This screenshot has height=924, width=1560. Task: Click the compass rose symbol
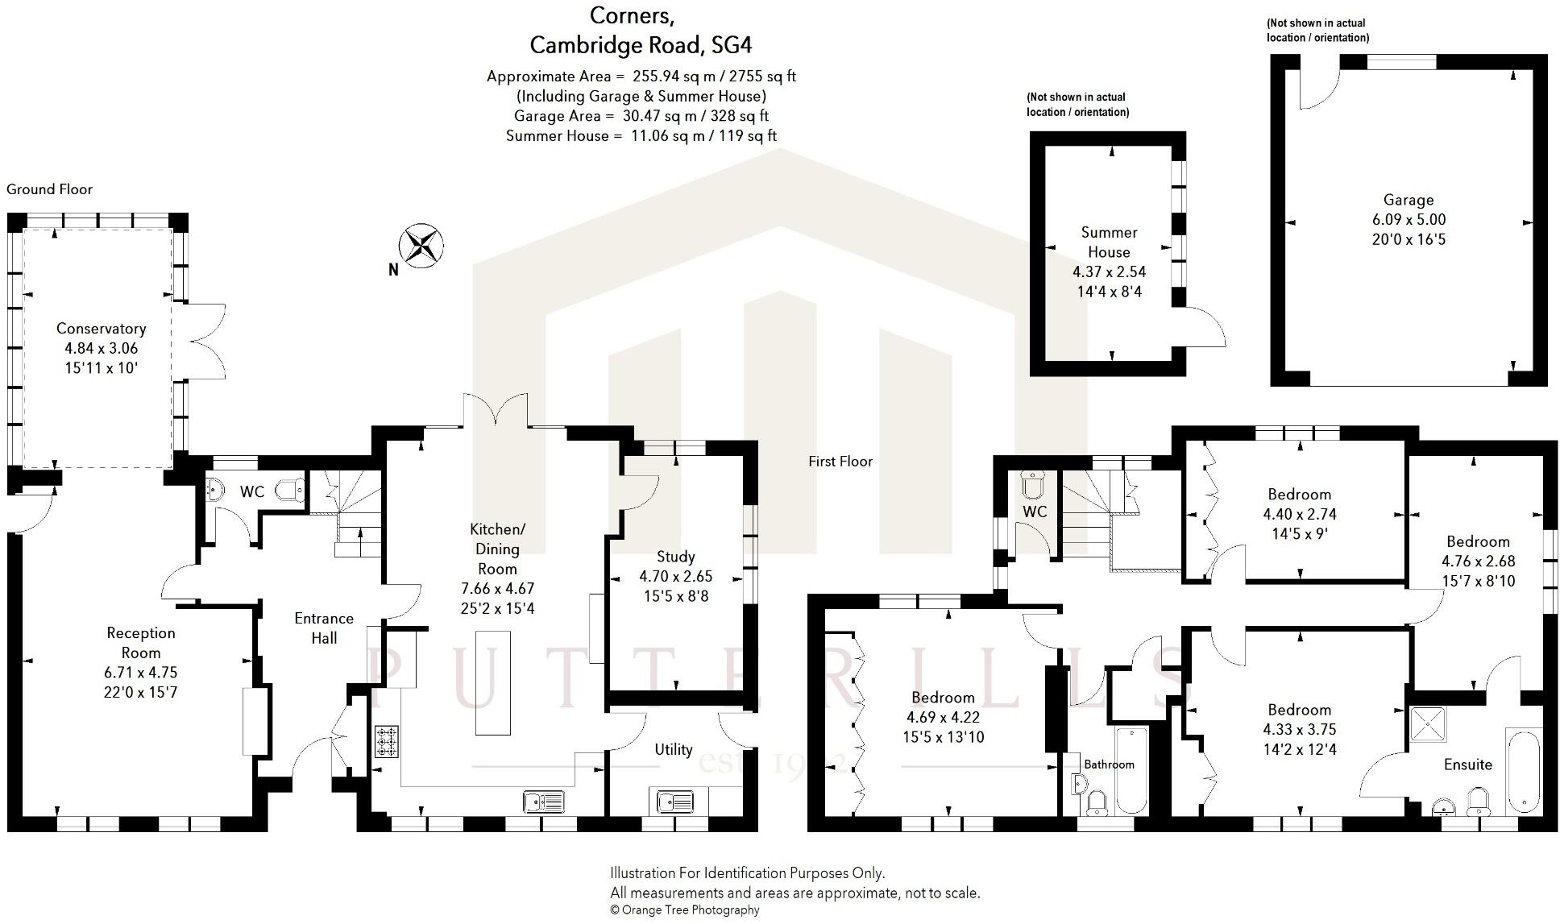pyautogui.click(x=421, y=246)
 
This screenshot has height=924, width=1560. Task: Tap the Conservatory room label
pyautogui.click(x=101, y=329)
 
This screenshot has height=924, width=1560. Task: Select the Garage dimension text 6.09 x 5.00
pyautogui.click(x=1408, y=220)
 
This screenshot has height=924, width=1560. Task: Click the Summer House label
pyautogui.click(x=1109, y=242)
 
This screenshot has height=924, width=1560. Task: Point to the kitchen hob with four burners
pyautogui.click(x=386, y=742)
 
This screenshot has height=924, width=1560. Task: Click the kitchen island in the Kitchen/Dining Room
pyautogui.click(x=493, y=682)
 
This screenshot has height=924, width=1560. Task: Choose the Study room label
pyautogui.click(x=675, y=557)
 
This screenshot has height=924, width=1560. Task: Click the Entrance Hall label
pyautogui.click(x=324, y=628)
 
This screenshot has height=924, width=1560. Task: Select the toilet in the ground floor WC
pyautogui.click(x=290, y=488)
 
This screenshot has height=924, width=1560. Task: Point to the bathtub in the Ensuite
pyautogui.click(x=1523, y=771)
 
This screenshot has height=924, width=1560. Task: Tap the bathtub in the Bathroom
pyautogui.click(x=1131, y=769)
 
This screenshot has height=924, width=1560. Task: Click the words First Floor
pyautogui.click(x=840, y=462)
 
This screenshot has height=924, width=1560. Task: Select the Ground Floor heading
pyautogui.click(x=49, y=189)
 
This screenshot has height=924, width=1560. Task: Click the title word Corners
pyautogui.click(x=632, y=15)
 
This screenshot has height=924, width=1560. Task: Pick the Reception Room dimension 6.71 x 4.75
pyautogui.click(x=141, y=673)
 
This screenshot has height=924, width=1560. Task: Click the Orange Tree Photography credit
pyautogui.click(x=684, y=910)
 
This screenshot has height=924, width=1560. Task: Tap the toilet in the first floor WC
pyautogui.click(x=1032, y=484)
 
